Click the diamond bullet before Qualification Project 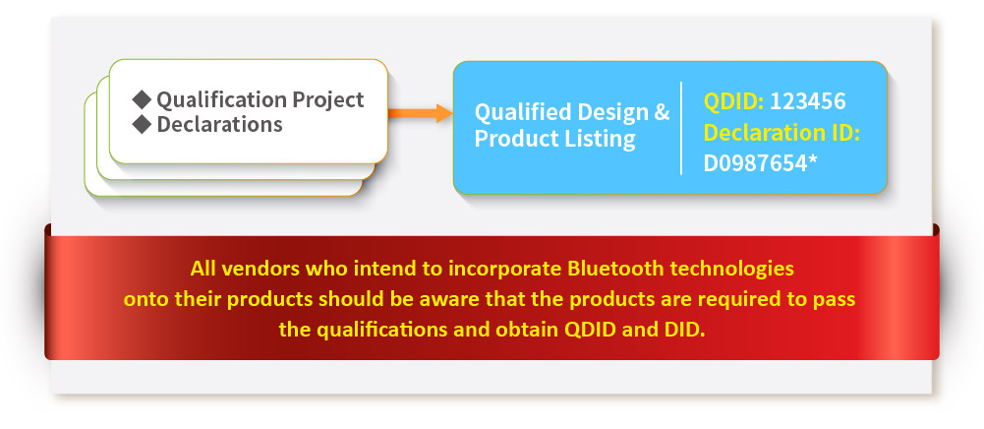coord(143,99)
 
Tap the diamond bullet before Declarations coord(143,124)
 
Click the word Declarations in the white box coord(219,124)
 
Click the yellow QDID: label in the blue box coord(733,101)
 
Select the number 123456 coord(808,101)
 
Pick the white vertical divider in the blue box coord(681,128)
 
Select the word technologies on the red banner coord(732,270)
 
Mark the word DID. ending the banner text coord(684,330)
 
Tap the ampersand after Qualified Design coord(663,112)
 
